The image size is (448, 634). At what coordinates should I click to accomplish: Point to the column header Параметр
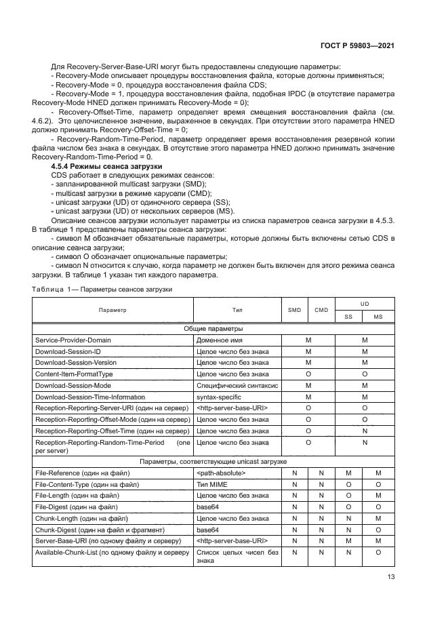point(113,310)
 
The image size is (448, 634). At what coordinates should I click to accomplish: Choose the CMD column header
point(321,310)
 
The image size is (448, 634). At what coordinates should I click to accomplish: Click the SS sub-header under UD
point(348,316)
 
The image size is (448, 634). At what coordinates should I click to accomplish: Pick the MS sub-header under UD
point(378,316)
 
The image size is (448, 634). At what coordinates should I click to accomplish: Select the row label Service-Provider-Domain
point(73,340)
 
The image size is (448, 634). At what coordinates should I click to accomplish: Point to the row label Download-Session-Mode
point(73,385)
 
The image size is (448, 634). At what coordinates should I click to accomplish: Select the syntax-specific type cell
point(218,397)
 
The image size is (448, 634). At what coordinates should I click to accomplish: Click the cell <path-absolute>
point(220,472)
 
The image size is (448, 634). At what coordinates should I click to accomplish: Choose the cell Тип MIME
point(211,483)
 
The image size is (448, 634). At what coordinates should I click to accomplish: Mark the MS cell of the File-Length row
point(378,495)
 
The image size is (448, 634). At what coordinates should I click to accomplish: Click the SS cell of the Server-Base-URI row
point(348,540)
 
